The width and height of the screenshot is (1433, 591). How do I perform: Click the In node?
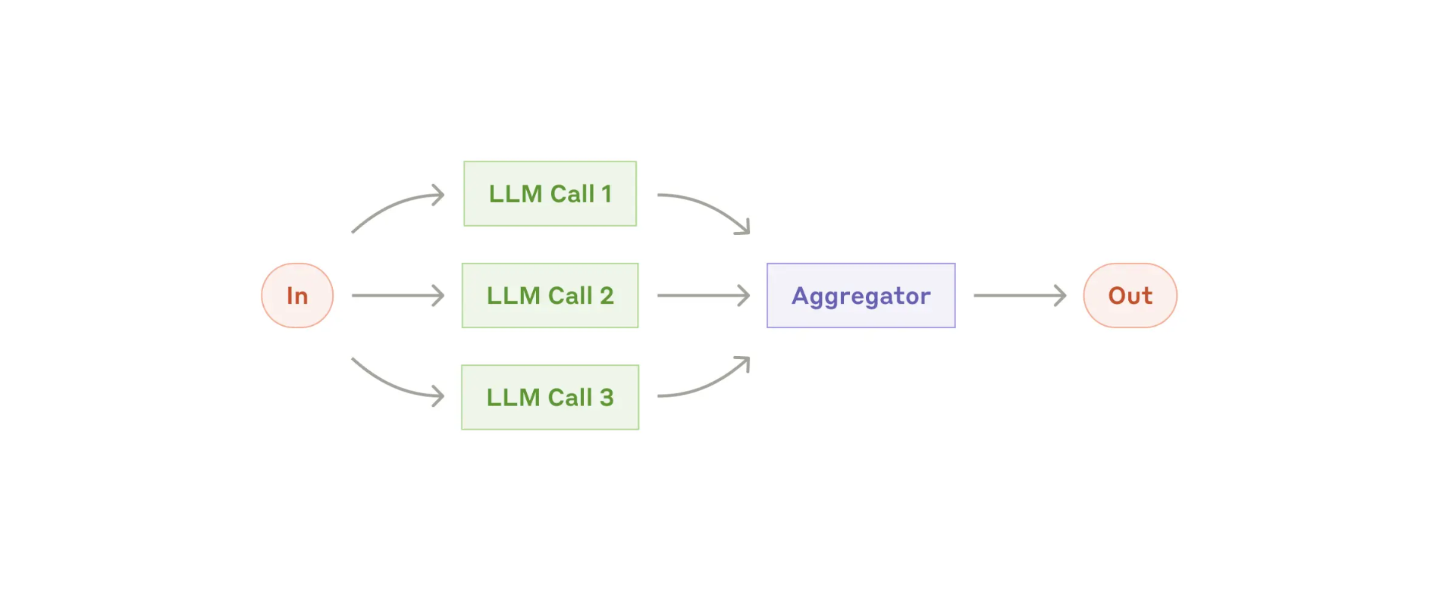[x=297, y=295]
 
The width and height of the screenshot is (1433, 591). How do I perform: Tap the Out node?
[x=1130, y=295]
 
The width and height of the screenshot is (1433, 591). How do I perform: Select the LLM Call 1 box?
[x=550, y=194]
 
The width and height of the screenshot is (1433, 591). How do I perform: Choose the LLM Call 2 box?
[x=550, y=295]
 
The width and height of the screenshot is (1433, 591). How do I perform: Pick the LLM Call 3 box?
[x=550, y=397]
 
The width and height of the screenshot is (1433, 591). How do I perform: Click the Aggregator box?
[x=861, y=295]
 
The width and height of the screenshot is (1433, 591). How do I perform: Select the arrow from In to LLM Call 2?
[x=398, y=295]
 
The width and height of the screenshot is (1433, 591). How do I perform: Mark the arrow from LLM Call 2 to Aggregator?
[x=704, y=295]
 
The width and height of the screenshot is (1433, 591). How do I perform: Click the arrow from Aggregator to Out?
[x=1020, y=295]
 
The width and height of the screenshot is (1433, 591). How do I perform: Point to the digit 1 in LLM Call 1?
[x=606, y=194]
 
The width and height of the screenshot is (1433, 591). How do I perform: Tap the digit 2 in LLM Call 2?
[x=607, y=295]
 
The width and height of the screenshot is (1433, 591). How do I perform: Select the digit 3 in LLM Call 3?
[x=607, y=397]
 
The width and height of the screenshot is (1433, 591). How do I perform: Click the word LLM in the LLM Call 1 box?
[x=516, y=194]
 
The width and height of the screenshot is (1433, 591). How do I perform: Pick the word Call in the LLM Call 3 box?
[x=570, y=397]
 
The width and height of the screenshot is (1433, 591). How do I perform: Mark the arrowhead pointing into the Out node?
[x=1060, y=295]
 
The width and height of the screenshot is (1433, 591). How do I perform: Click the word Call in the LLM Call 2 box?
[x=570, y=295]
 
